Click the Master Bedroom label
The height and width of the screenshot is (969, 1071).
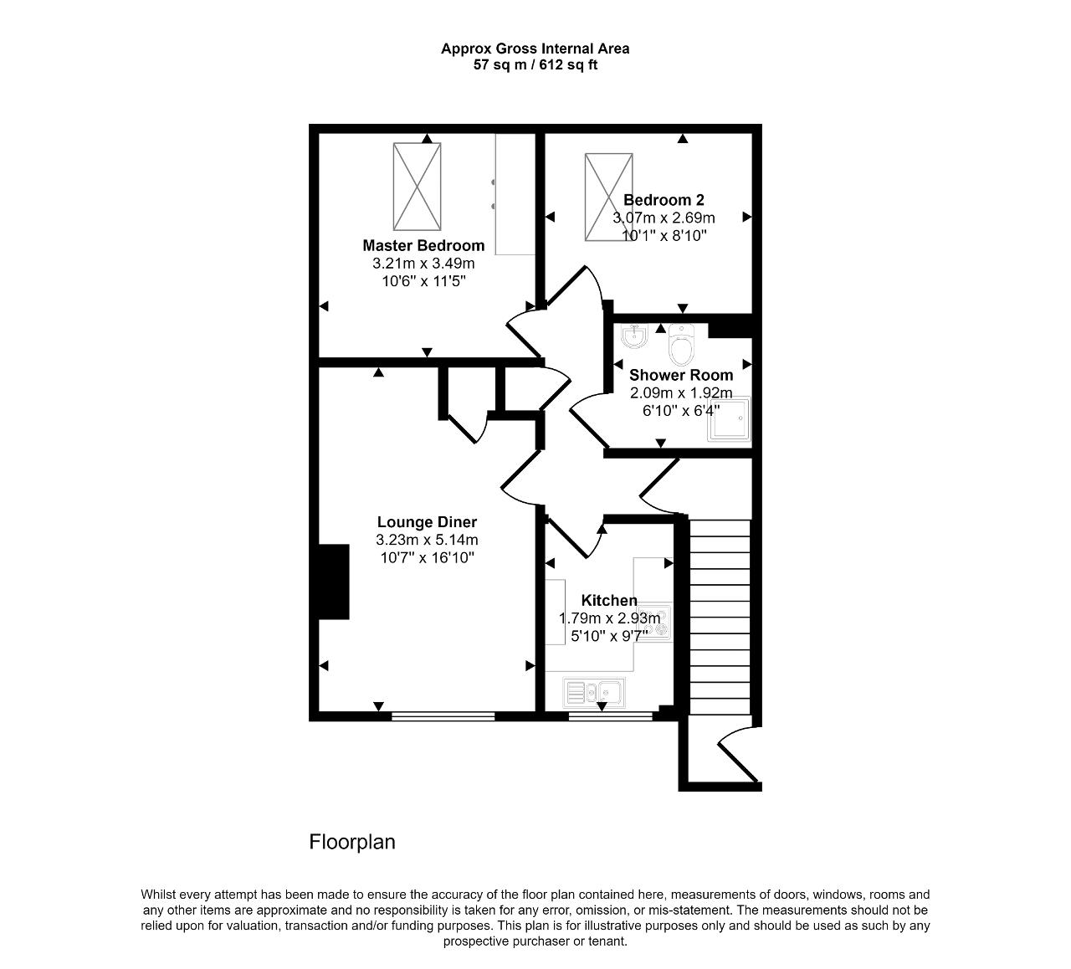(x=423, y=246)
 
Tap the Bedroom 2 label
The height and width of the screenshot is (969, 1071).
(x=664, y=200)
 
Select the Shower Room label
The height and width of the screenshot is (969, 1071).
(x=681, y=375)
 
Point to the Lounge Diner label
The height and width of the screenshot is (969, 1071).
(x=427, y=522)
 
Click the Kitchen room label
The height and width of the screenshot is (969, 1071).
(x=608, y=600)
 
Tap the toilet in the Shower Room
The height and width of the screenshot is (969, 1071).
(x=681, y=345)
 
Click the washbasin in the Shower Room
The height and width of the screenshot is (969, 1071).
(x=634, y=336)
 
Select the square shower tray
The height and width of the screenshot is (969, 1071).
(x=729, y=418)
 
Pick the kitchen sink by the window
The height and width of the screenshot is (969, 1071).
(x=594, y=693)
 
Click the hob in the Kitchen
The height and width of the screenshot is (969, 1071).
(x=654, y=623)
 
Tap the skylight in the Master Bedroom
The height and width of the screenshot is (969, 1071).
(x=417, y=187)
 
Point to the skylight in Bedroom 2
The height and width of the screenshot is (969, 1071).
(x=608, y=197)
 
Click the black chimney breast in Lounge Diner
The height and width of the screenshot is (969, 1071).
(x=334, y=582)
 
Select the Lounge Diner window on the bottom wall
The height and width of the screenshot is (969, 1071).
(x=443, y=716)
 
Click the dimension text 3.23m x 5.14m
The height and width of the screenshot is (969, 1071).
(x=427, y=540)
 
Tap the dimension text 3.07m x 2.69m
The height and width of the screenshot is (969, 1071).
(x=664, y=218)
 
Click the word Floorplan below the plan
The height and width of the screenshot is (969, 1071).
(x=352, y=843)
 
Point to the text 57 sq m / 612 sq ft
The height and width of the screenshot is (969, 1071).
(x=535, y=65)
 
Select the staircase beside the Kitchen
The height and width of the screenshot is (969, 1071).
(x=720, y=617)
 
